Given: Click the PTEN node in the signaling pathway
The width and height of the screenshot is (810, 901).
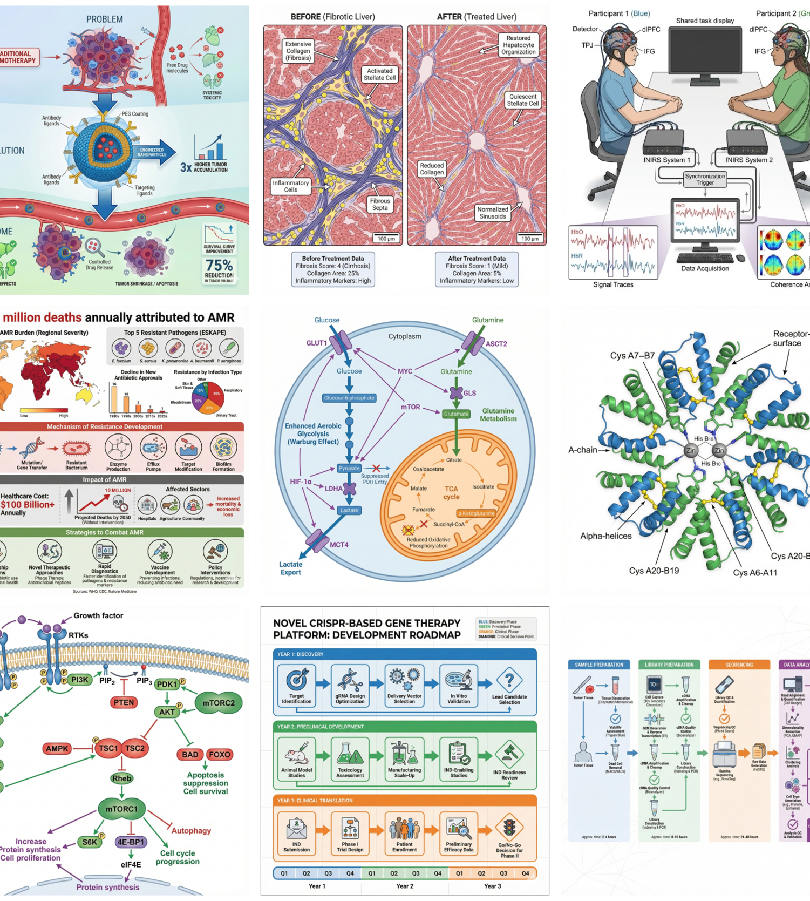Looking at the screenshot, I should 124,702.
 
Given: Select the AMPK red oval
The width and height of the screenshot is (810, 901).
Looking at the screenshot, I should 57,748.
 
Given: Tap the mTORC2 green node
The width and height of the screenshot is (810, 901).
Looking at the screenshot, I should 218,703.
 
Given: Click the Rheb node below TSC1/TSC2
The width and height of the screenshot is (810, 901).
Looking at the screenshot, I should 121,778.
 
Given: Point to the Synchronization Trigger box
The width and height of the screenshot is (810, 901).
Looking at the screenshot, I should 705,179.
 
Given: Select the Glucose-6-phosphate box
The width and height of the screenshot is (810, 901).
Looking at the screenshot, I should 349,398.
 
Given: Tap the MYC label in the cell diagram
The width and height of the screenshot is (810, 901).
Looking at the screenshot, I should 405,371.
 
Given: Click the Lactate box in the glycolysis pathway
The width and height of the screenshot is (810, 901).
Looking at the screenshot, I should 349,510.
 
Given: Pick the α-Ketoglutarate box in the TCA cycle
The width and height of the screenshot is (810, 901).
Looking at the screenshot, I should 476,513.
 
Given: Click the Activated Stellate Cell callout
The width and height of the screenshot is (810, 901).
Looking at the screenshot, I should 379,74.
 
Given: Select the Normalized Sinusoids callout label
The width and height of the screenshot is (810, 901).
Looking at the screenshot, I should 492,213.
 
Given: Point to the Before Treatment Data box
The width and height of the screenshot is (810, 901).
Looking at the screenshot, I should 333,269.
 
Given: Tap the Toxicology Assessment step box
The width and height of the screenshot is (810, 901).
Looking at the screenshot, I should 350,759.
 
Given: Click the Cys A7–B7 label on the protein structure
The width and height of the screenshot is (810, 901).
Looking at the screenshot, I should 632,356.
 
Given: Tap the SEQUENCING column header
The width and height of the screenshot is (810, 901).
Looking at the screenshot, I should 739,665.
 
